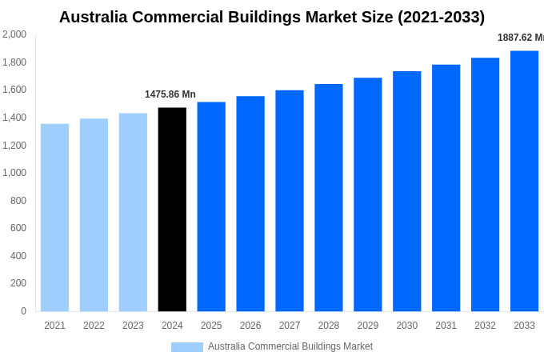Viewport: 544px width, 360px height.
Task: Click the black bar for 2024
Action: pyautogui.click(x=172, y=210)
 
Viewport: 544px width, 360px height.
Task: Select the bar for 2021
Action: pyautogui.click(x=54, y=218)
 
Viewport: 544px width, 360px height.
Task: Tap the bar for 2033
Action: pyautogui.click(x=524, y=181)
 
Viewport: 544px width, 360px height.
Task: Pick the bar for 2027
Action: pyautogui.click(x=290, y=201)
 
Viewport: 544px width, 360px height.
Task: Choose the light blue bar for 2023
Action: pyautogui.click(x=133, y=212)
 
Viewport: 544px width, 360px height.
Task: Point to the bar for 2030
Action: pyautogui.click(x=406, y=191)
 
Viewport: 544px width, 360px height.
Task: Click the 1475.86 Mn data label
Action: pyautogui.click(x=170, y=94)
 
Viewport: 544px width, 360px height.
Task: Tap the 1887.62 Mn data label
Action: pyautogui.click(x=520, y=38)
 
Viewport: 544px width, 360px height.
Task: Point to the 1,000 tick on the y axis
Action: pyautogui.click(x=14, y=173)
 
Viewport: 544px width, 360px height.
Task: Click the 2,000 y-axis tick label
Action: pyautogui.click(x=14, y=34)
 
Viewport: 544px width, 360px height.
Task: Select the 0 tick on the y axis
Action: pyautogui.click(x=23, y=311)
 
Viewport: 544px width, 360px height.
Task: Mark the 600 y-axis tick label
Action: pyautogui.click(x=18, y=228)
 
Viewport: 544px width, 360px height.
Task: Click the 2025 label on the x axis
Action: pyautogui.click(x=211, y=326)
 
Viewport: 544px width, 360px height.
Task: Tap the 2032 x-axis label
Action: pyautogui.click(x=485, y=326)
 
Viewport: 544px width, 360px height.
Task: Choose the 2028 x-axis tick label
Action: pyautogui.click(x=329, y=326)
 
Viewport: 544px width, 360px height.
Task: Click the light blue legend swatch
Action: pyautogui.click(x=186, y=347)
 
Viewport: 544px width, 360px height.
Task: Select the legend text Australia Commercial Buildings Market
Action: pyautogui.click(x=290, y=346)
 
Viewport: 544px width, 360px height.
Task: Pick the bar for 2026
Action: pyautogui.click(x=250, y=204)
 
